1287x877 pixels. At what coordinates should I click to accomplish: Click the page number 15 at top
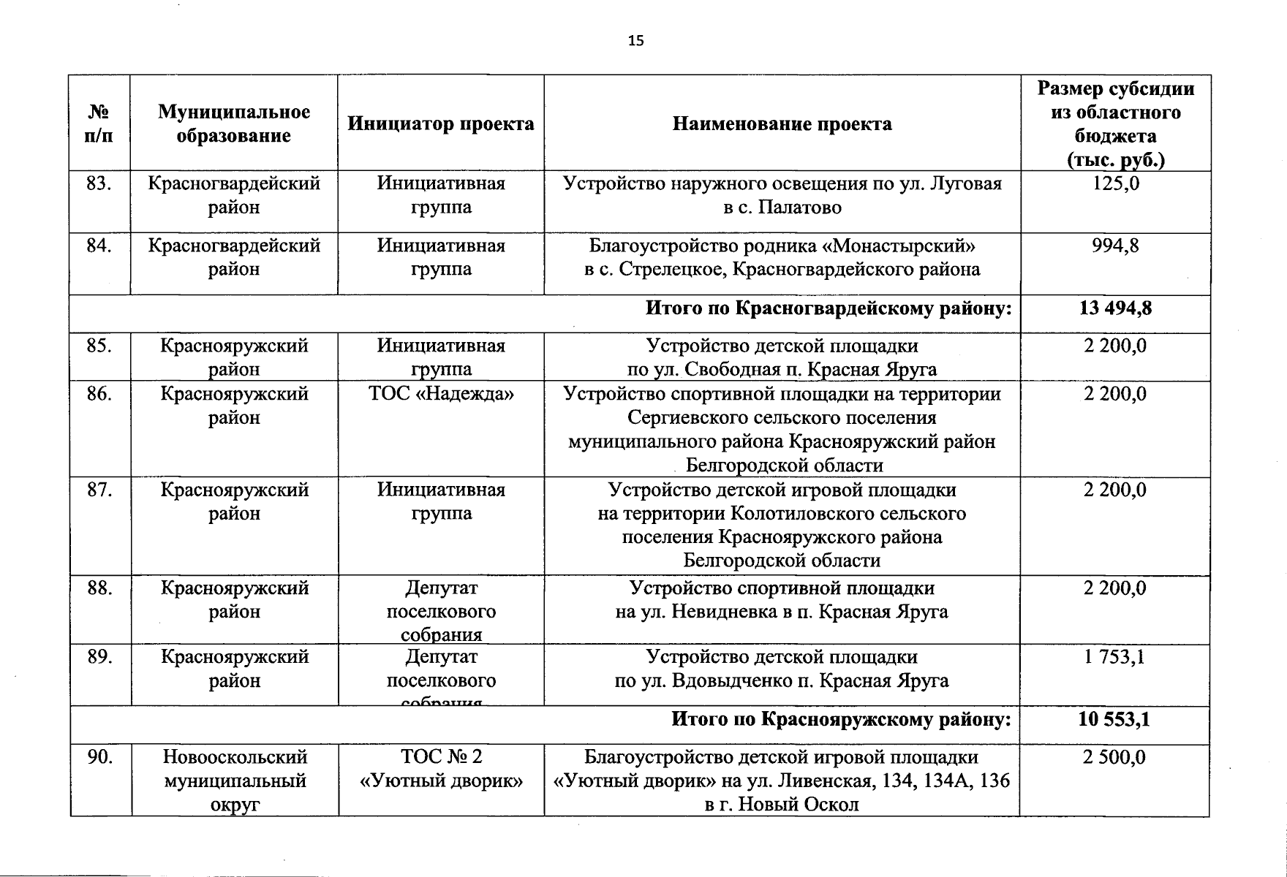635,41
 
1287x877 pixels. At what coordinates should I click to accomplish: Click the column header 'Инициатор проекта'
440,124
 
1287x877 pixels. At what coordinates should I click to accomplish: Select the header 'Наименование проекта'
782,124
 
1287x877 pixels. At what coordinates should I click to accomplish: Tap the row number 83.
99,183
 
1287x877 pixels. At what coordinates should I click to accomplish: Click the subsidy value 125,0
1115,183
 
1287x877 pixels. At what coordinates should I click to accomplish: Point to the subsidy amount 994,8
1115,246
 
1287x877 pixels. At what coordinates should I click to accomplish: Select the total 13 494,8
1115,308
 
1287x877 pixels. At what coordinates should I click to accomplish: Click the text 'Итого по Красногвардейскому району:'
829,308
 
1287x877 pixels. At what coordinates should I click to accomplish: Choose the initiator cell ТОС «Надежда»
441,395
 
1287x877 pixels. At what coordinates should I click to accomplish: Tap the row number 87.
99,490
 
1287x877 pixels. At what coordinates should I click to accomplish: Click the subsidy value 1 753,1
1114,657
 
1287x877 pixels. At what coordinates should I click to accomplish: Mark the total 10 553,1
1114,720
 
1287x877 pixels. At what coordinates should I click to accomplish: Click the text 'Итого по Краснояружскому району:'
841,720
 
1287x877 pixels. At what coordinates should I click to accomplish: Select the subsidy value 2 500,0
1114,758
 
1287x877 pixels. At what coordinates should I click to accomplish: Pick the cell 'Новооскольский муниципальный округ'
234,781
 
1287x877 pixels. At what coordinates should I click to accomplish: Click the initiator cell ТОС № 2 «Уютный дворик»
441,769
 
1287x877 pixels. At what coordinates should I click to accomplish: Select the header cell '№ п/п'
99,124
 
